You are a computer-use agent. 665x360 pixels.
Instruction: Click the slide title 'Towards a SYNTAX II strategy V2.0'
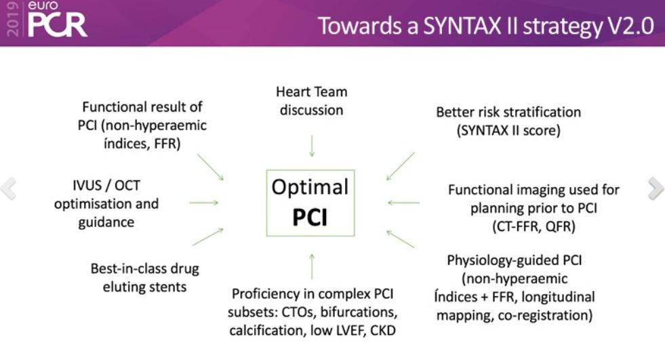486,26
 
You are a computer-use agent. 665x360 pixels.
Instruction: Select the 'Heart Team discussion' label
311,100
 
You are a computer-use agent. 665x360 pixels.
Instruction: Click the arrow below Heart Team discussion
312,146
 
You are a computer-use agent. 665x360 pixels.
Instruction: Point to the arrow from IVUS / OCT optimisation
204,202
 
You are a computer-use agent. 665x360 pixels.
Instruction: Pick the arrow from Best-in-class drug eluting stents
208,236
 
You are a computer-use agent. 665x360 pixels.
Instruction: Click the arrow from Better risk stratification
400,166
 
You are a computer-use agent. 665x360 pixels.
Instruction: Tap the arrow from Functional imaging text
403,202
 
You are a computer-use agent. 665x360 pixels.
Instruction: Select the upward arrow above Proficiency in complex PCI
312,266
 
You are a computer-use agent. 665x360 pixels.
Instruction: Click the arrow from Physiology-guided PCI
400,237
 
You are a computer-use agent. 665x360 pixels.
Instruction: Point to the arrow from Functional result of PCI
210,167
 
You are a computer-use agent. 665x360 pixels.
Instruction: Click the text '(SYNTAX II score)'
509,130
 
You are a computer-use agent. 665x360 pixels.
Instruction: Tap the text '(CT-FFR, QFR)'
533,227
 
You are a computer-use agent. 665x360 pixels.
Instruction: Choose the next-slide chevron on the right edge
656,189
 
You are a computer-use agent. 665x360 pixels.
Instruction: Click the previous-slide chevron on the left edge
8,189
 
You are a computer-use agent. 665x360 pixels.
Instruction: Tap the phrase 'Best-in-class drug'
145,268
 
